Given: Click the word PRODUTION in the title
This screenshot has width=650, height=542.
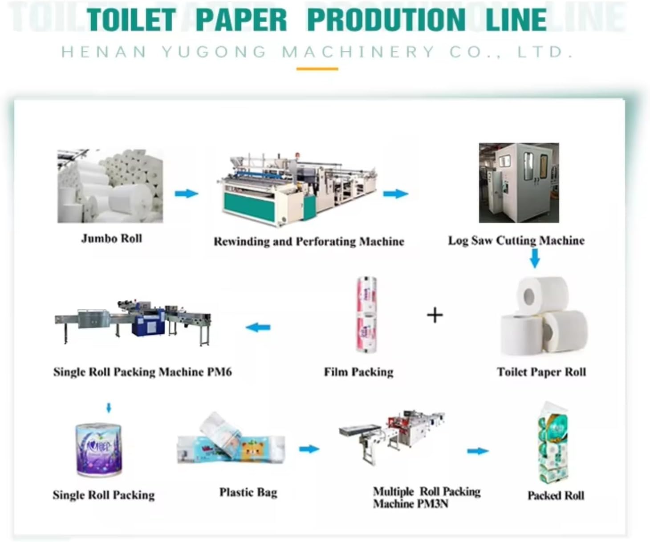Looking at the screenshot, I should (x=386, y=20).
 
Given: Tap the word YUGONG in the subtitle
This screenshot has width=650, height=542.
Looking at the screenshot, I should (x=214, y=52).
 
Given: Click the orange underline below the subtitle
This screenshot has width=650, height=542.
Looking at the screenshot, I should (x=317, y=69).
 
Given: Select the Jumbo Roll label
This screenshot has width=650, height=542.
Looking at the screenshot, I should (x=111, y=239).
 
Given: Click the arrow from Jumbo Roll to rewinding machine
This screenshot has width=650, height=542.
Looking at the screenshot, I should (x=186, y=193).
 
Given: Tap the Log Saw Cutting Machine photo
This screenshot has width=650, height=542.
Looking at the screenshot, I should (x=519, y=183).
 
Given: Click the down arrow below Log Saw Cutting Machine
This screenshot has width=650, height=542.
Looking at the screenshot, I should (x=535, y=258).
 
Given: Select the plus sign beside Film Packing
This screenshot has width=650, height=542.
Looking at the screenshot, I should (x=435, y=315).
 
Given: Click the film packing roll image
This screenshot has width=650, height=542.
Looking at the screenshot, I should (x=366, y=315).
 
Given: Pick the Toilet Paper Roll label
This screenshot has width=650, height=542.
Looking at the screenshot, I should (x=541, y=372).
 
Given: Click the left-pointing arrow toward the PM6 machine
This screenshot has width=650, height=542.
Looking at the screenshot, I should (x=258, y=328).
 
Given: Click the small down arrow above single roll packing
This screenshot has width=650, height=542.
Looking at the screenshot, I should (x=109, y=407).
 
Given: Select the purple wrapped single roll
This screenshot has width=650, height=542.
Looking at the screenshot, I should (x=98, y=450).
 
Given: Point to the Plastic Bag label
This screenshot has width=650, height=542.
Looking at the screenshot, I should (x=248, y=492).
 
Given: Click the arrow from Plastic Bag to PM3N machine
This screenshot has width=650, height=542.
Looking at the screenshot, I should (x=309, y=449).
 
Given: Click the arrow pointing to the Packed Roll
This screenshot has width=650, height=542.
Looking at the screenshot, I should (x=477, y=451).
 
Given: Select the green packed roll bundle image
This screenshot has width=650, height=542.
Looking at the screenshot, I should (x=553, y=442).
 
